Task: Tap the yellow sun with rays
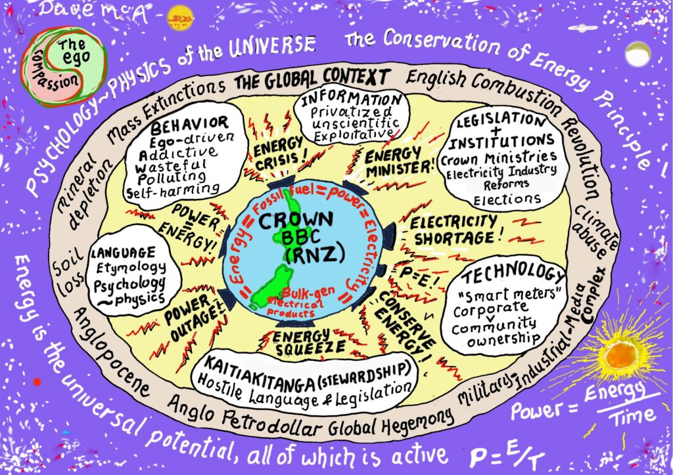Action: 620,358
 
